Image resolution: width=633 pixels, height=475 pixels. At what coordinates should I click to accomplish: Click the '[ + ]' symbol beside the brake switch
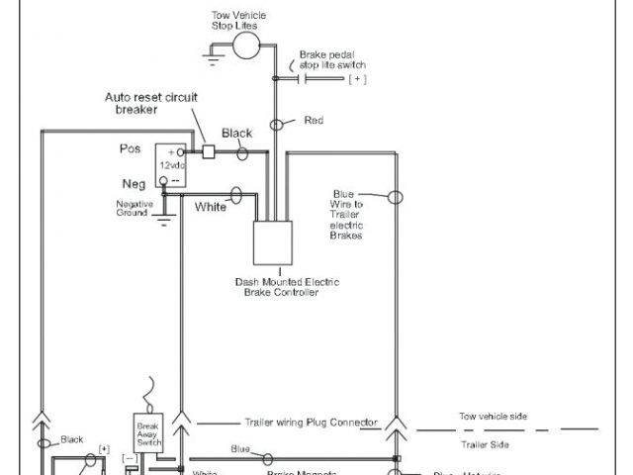click(357, 78)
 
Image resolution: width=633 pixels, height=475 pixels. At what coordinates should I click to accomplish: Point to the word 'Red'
click(314, 121)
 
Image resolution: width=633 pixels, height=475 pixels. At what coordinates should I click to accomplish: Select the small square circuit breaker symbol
click(209, 152)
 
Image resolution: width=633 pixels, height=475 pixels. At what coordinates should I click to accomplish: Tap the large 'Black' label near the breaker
click(237, 133)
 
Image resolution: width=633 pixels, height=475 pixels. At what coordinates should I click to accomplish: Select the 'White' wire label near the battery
click(211, 207)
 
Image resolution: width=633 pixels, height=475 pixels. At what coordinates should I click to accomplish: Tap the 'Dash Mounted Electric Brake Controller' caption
click(281, 287)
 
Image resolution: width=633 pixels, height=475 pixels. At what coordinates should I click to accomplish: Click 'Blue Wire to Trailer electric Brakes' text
click(345, 215)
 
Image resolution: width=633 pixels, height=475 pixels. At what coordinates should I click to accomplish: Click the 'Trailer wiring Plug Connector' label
click(311, 422)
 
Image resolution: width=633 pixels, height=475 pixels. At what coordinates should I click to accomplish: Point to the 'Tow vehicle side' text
click(493, 417)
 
